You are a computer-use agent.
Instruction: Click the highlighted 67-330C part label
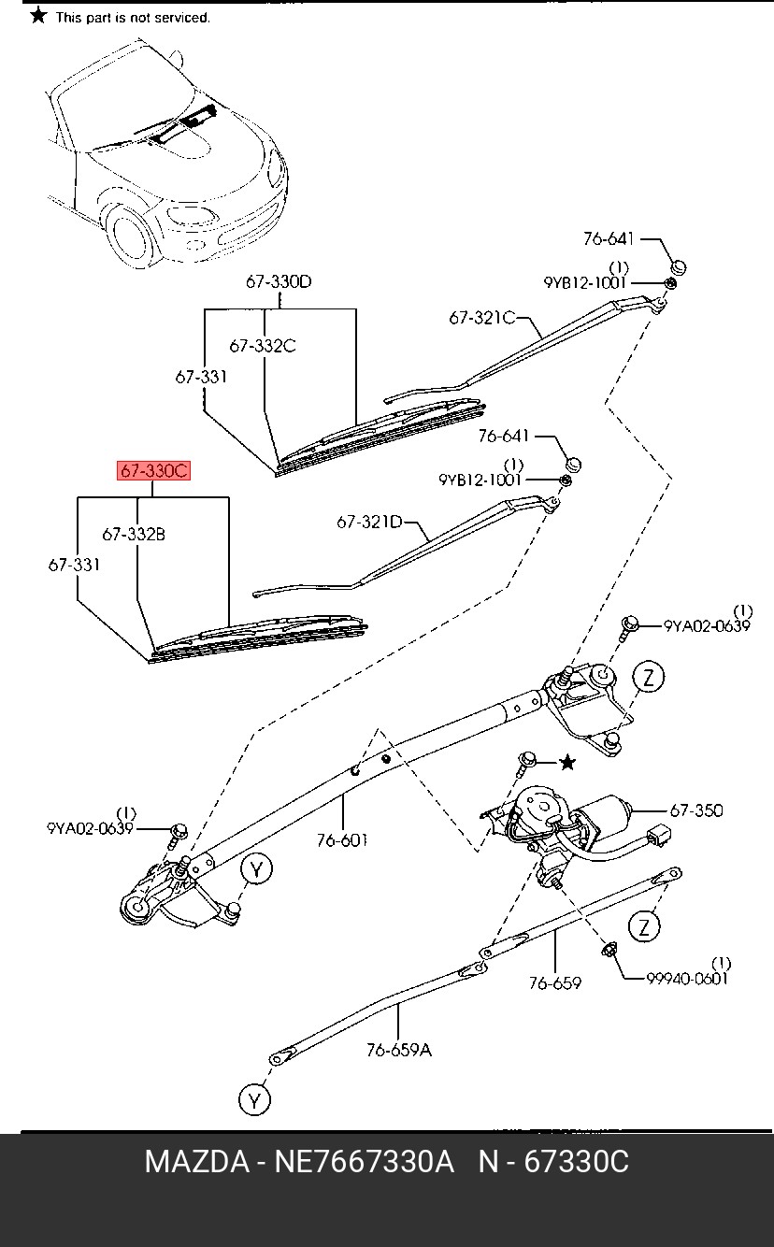click(153, 471)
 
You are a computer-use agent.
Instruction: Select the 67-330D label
click(279, 281)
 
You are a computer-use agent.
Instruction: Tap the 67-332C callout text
click(263, 346)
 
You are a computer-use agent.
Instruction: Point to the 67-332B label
click(134, 535)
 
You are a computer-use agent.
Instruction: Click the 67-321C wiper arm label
click(482, 318)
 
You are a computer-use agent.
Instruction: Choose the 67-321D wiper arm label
click(370, 523)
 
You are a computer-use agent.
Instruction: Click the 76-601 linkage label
click(342, 840)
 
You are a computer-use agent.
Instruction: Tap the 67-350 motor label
click(696, 810)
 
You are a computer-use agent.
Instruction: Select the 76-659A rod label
click(399, 1051)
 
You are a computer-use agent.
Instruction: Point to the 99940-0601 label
click(687, 979)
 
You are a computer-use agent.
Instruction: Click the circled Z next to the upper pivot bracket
click(649, 678)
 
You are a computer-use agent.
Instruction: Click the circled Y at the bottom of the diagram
click(254, 1100)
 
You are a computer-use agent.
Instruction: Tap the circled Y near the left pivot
click(257, 869)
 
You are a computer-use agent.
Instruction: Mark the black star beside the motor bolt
click(567, 762)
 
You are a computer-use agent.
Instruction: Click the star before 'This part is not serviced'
click(38, 16)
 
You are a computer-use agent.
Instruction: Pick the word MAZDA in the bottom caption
click(197, 1162)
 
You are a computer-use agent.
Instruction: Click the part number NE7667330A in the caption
click(365, 1162)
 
